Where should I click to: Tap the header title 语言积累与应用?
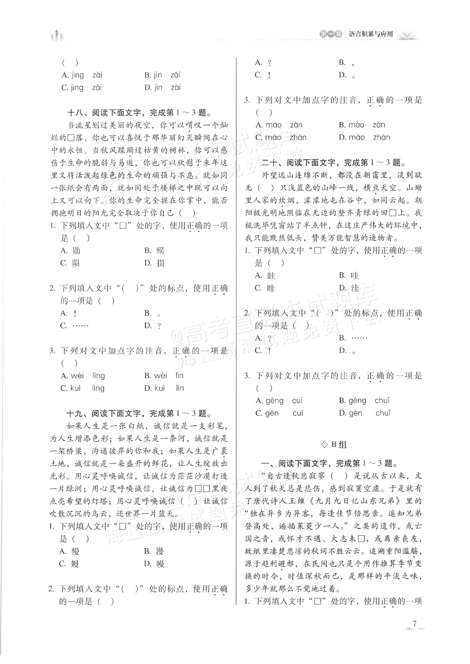click(371, 34)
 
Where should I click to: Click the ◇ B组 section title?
click(334, 445)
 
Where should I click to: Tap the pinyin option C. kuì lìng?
click(82, 388)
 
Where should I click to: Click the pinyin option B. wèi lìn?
click(164, 376)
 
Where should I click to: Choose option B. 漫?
click(154, 551)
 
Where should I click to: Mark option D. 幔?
click(154, 564)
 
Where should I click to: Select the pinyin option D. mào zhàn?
click(364, 137)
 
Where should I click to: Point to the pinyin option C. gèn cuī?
click(279, 413)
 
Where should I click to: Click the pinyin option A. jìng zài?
click(82, 75)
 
